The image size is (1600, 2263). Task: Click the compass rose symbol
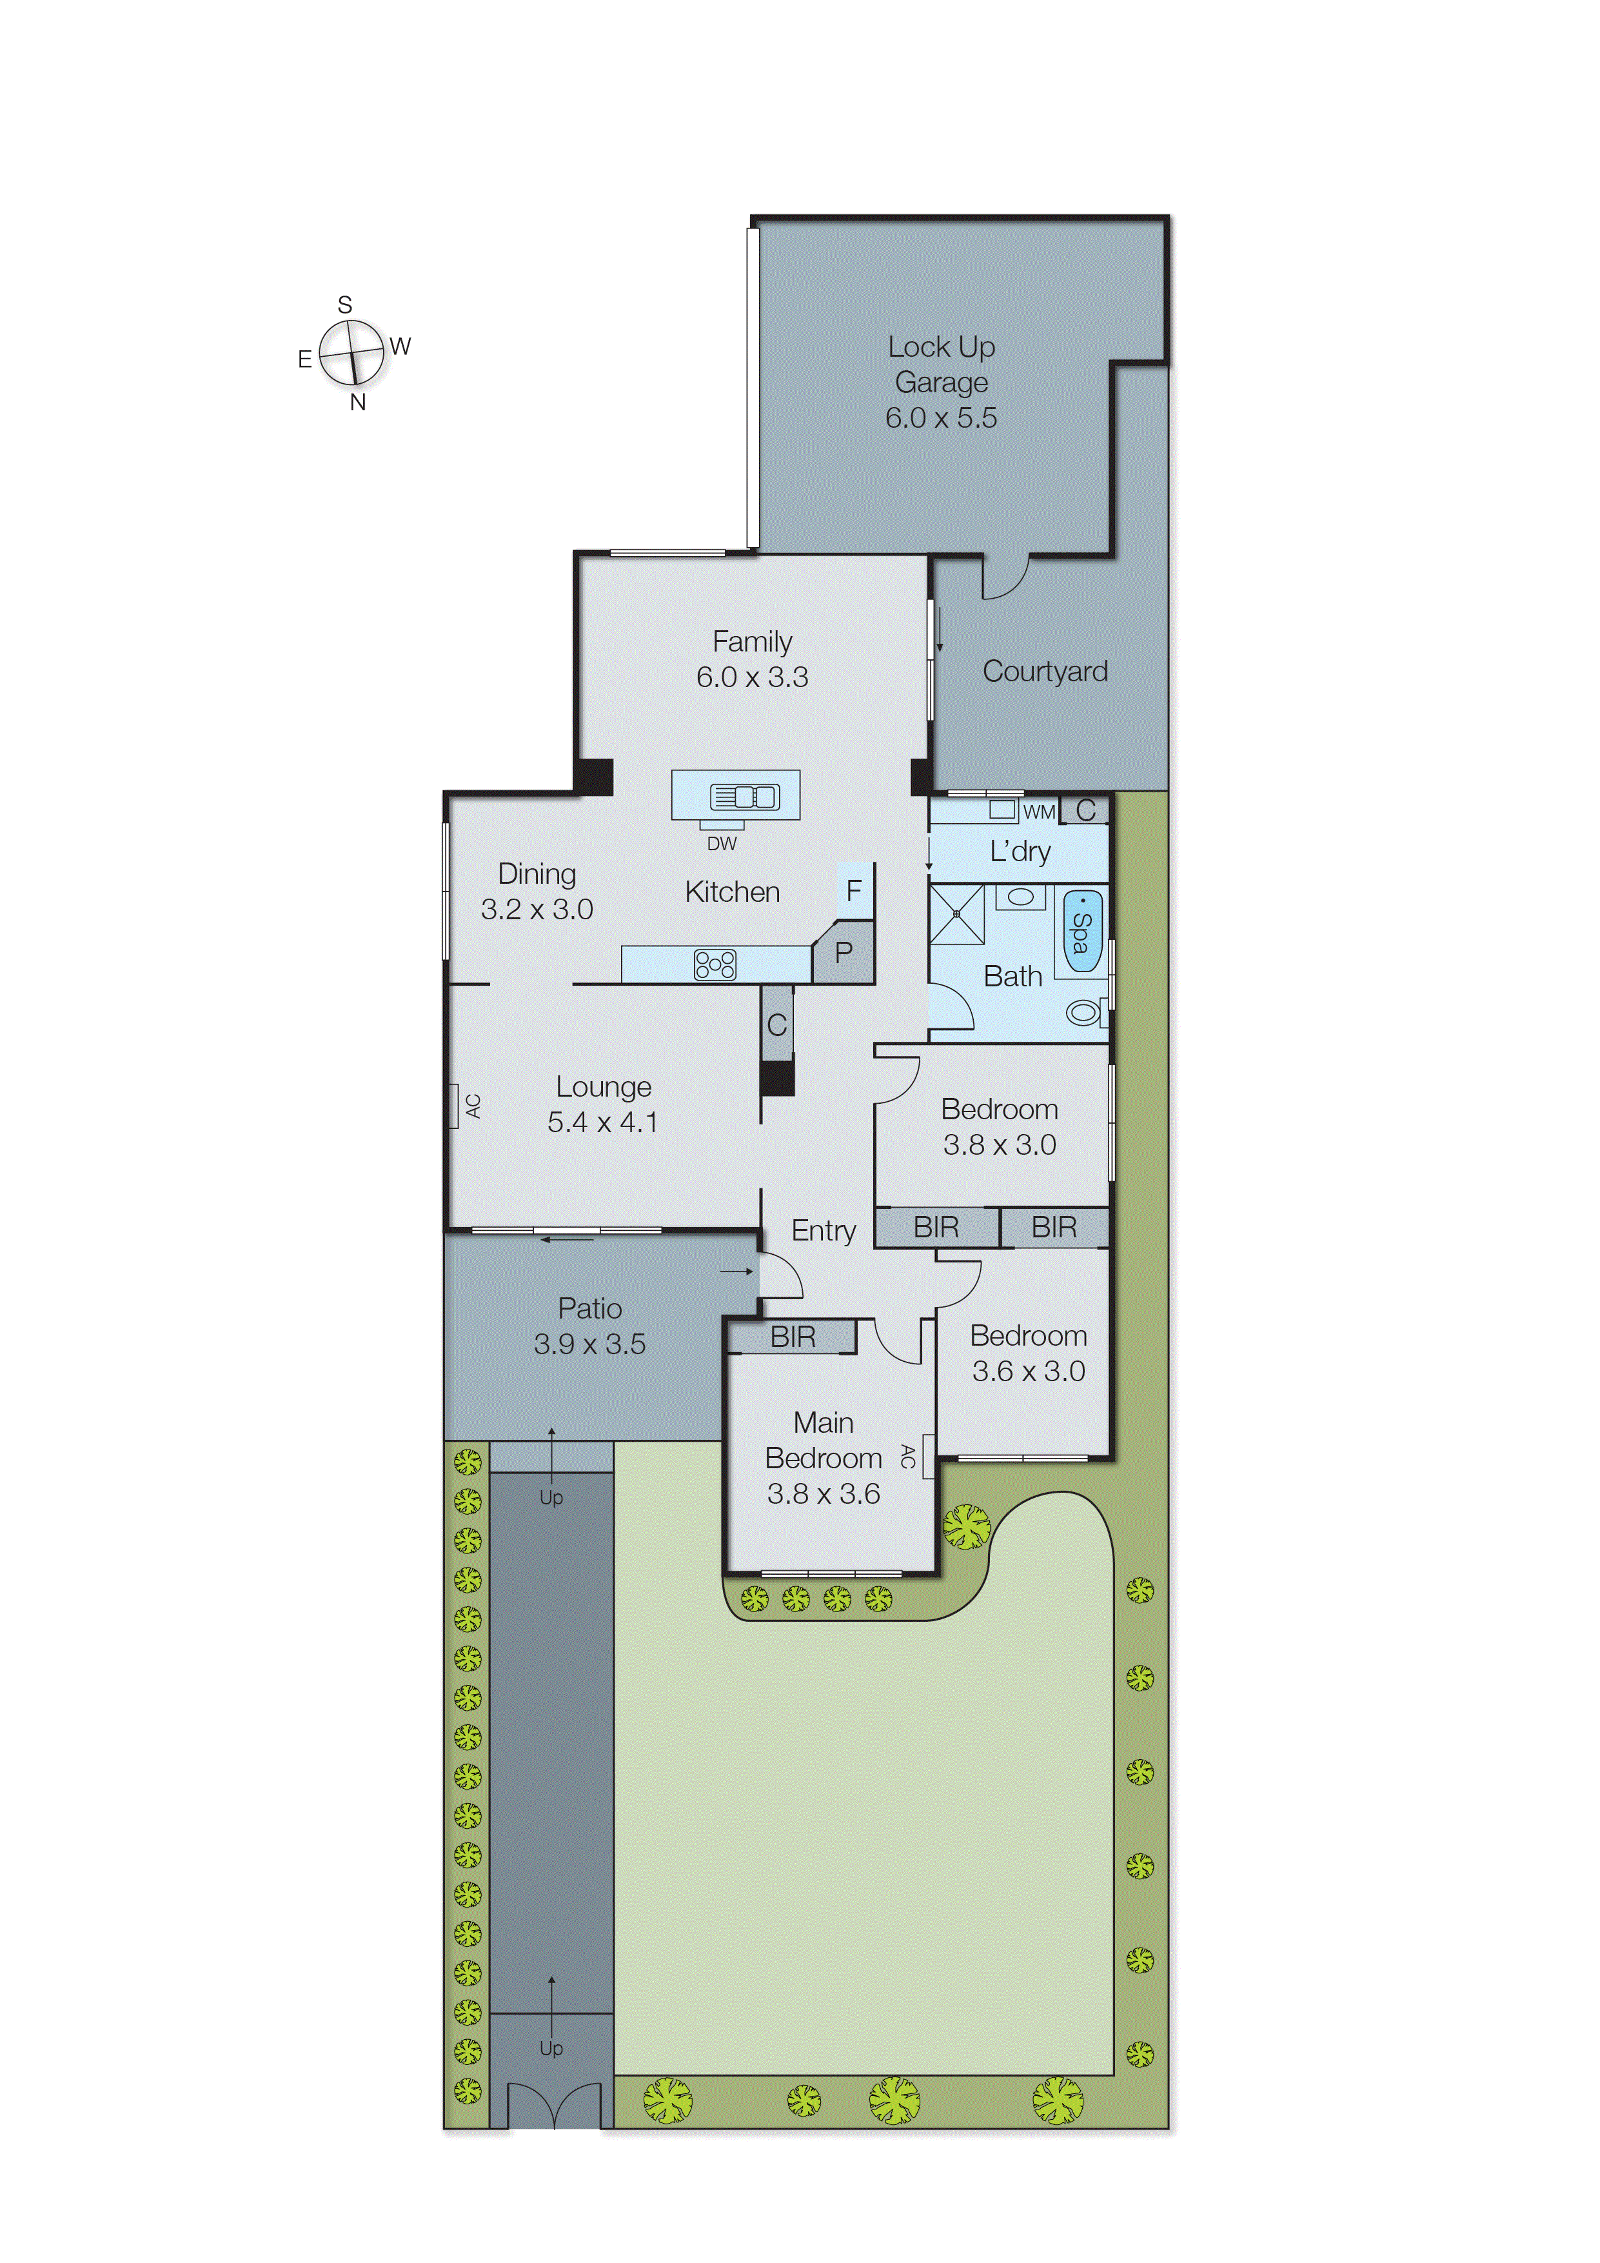(x=351, y=352)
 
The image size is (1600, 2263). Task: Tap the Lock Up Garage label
(x=941, y=381)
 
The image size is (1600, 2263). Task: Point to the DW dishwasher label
(x=721, y=844)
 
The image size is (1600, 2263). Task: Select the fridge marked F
(x=854, y=890)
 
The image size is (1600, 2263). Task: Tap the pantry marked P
(x=844, y=953)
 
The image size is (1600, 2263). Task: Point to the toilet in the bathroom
(x=1083, y=1012)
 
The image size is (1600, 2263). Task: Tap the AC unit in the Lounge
(x=455, y=1106)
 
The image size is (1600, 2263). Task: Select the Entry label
(x=824, y=1230)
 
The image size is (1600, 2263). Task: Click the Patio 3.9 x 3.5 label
(x=589, y=1326)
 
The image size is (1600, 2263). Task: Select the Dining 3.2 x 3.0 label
(x=537, y=891)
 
